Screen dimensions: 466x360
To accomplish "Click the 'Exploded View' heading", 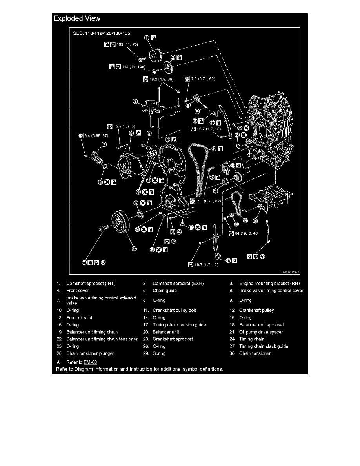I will click(77, 18).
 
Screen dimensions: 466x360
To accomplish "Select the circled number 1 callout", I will click(146, 38).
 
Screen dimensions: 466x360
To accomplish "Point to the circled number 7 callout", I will click(104, 145).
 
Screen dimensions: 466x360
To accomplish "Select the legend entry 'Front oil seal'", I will click(79, 318).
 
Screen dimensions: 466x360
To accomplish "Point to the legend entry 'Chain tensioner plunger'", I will click(90, 353).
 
